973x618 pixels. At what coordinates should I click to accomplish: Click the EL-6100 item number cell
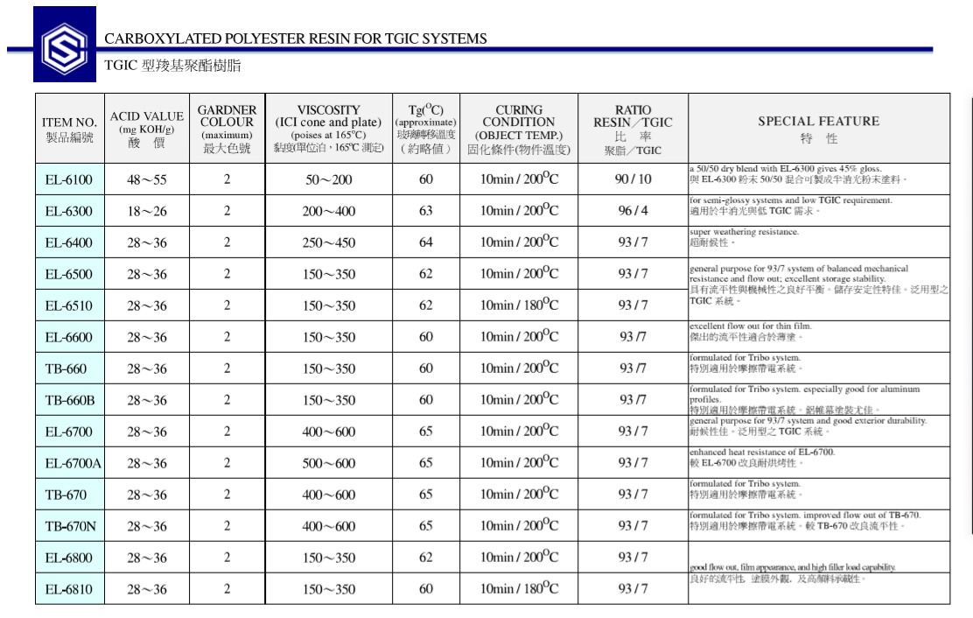click(69, 179)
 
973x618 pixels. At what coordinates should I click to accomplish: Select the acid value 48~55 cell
click(146, 179)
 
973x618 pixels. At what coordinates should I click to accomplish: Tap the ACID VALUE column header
click(146, 128)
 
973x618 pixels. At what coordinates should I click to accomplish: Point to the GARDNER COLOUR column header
click(227, 128)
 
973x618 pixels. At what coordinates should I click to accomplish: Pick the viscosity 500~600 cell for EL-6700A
click(329, 463)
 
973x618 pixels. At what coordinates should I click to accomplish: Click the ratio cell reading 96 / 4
click(633, 211)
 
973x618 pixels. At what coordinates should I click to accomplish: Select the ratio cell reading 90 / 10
click(633, 179)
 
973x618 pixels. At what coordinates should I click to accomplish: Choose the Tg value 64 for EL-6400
click(425, 242)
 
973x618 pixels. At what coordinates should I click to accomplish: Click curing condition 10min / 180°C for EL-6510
click(519, 305)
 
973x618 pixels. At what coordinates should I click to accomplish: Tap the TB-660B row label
click(69, 400)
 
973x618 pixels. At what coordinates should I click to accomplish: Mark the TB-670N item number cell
click(69, 526)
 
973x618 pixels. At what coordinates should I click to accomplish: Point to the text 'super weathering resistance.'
click(744, 232)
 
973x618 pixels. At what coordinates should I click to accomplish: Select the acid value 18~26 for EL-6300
click(146, 211)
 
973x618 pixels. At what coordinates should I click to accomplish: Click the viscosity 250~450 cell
click(329, 242)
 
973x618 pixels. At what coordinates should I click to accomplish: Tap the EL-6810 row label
click(69, 589)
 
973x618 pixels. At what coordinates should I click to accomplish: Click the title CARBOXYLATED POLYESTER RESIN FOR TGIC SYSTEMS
click(295, 39)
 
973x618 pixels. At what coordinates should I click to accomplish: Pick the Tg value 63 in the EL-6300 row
click(425, 211)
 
